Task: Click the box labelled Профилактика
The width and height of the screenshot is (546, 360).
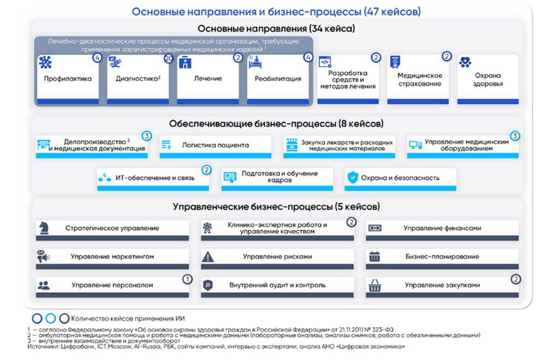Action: click(68, 79)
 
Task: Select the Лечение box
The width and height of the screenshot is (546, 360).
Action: click(208, 79)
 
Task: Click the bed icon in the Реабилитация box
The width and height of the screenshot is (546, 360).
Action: click(255, 62)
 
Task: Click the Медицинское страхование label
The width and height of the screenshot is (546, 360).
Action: click(419, 79)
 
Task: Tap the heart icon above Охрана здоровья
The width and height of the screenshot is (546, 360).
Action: click(465, 63)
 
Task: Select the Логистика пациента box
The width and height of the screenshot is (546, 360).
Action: click(215, 145)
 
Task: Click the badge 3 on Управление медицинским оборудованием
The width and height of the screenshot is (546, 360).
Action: click(514, 135)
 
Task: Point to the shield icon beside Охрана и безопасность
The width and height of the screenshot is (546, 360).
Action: click(353, 177)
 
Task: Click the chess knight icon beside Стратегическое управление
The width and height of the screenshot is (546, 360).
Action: click(43, 228)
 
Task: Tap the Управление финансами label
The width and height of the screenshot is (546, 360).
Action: click(442, 228)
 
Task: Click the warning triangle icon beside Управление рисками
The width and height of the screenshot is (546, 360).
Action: click(207, 256)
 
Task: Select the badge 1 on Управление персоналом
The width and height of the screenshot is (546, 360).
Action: click(187, 279)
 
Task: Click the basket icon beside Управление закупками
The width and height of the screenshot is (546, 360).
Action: click(375, 285)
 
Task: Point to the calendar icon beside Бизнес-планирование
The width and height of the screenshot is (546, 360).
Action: click(375, 256)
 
